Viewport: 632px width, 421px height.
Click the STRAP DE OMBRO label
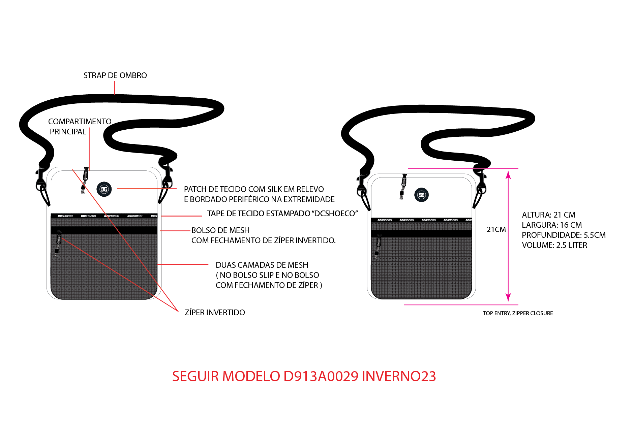(x=115, y=75)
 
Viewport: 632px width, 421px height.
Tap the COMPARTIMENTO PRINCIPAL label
(x=80, y=127)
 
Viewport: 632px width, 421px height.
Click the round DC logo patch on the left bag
(x=104, y=189)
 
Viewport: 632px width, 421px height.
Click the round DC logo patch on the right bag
(x=421, y=195)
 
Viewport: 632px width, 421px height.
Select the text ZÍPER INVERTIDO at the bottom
(x=215, y=313)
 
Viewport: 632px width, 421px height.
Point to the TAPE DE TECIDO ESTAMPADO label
(x=282, y=214)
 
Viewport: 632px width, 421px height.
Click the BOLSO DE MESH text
(x=220, y=230)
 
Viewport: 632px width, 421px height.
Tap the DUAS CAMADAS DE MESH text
(x=262, y=265)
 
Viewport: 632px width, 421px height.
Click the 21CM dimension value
(x=496, y=230)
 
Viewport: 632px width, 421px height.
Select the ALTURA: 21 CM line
(x=548, y=215)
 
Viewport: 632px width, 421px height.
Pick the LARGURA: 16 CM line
(x=552, y=225)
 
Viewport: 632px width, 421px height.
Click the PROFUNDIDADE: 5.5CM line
(x=564, y=235)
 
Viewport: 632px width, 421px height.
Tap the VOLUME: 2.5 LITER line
(x=554, y=245)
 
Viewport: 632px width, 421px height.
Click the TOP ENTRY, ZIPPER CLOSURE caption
(x=518, y=313)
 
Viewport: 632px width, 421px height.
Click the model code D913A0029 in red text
(x=321, y=376)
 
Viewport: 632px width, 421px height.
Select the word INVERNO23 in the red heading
(x=399, y=376)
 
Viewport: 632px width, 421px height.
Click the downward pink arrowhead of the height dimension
(x=508, y=297)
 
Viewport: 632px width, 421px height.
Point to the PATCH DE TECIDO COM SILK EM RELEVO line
(x=254, y=189)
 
